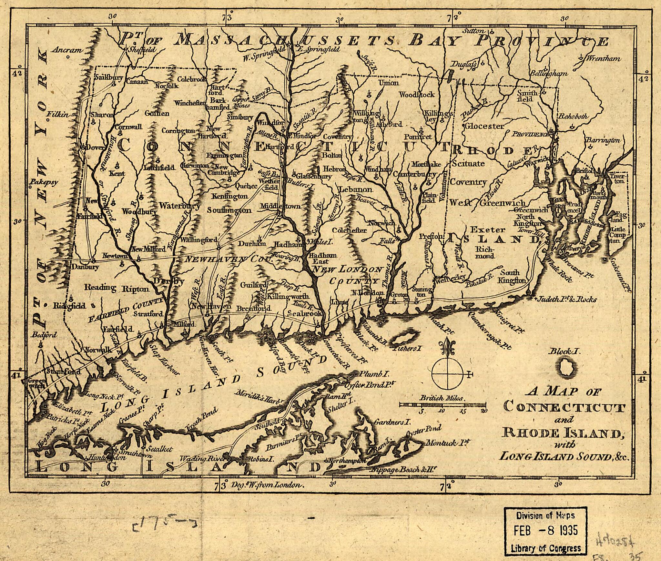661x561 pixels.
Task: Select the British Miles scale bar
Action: (x=442, y=404)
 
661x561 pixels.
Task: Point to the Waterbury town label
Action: (x=179, y=206)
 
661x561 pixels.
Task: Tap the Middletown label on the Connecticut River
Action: (x=280, y=206)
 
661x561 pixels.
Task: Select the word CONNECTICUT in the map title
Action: (x=564, y=408)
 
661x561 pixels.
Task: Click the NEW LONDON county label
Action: (x=347, y=269)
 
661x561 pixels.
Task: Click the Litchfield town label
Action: (x=159, y=167)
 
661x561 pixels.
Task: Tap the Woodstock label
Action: (x=417, y=95)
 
